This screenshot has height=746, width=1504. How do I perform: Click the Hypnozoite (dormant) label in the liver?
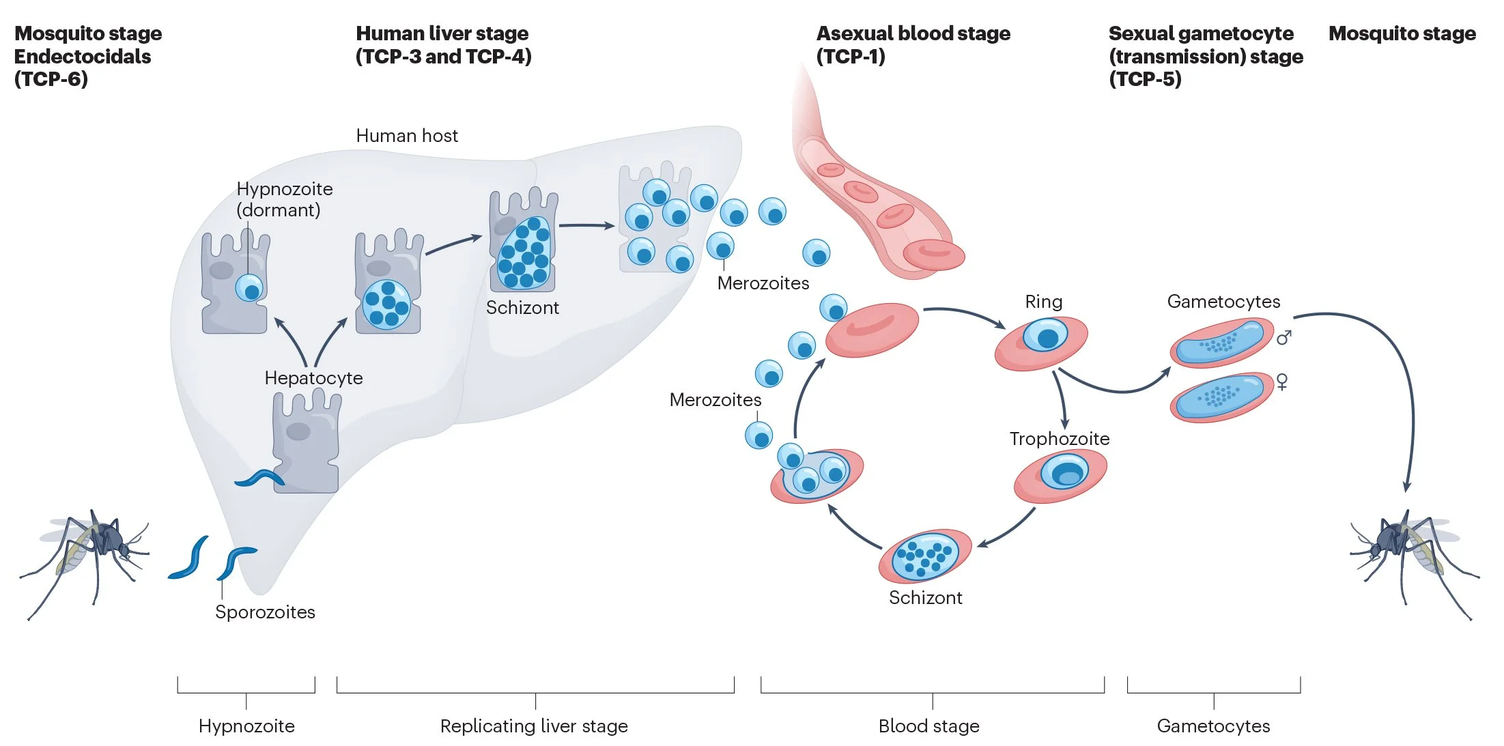coord(284,199)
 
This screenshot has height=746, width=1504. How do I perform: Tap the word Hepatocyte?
coord(313,378)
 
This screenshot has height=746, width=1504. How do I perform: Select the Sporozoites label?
coord(265,612)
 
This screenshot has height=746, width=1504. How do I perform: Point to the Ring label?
coord(1043,302)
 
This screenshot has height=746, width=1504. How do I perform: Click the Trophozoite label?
coord(1059,439)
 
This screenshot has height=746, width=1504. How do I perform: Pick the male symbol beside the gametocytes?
coord(1283,338)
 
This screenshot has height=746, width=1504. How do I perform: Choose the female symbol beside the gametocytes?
coord(1282,382)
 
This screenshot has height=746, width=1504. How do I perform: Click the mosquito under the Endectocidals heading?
coord(85,556)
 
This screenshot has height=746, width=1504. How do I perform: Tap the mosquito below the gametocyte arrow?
coord(1413,556)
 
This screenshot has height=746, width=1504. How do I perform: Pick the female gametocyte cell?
coord(1221,397)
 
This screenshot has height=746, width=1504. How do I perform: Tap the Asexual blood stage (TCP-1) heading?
coord(913,44)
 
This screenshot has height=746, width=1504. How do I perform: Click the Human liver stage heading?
coord(442,44)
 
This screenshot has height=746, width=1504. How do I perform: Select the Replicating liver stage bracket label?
coord(534,726)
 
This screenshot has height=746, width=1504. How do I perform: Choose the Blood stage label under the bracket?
coord(928,726)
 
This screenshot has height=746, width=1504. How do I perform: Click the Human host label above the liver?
coord(407,136)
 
